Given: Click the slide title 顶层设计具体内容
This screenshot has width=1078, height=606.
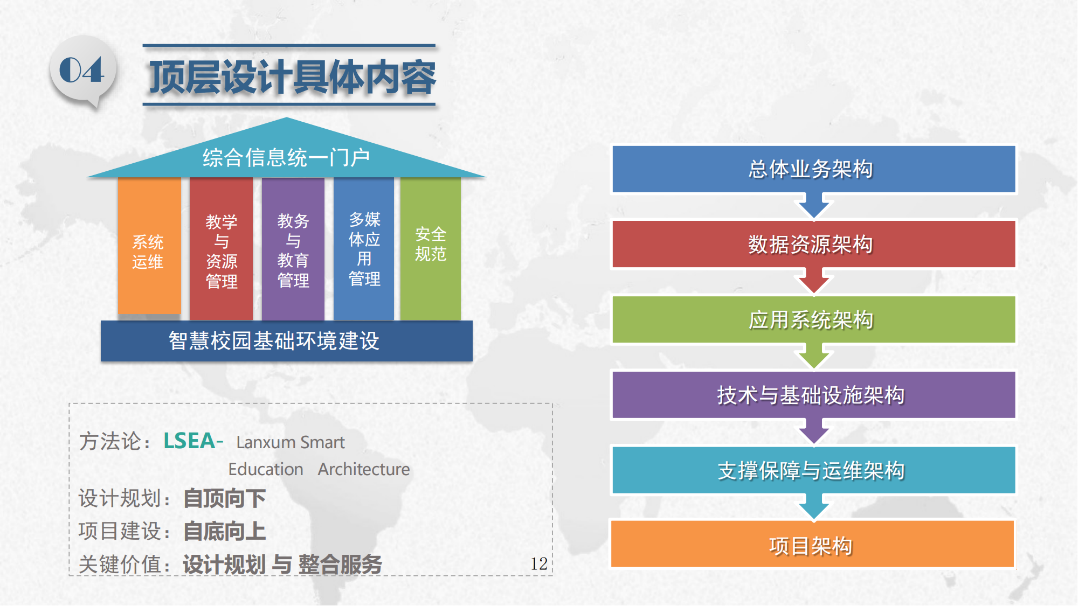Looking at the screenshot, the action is (x=292, y=77).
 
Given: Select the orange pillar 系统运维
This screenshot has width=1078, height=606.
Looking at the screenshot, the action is (x=149, y=246).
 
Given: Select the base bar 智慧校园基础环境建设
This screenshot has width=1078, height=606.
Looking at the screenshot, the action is (x=287, y=341).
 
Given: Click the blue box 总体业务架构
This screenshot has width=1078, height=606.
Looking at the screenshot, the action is (x=814, y=169).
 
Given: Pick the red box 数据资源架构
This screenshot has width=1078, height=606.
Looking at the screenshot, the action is (x=814, y=244).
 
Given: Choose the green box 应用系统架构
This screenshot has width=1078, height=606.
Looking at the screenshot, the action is (x=814, y=319).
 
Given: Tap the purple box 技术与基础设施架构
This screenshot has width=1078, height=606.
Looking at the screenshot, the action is (x=814, y=395).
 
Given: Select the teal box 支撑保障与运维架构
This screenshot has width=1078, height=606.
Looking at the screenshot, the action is (x=814, y=470).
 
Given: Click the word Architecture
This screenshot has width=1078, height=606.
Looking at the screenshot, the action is (x=364, y=469).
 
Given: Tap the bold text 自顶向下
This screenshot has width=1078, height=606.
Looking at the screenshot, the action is (x=225, y=498).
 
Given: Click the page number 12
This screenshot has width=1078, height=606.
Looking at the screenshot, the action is (x=539, y=563).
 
